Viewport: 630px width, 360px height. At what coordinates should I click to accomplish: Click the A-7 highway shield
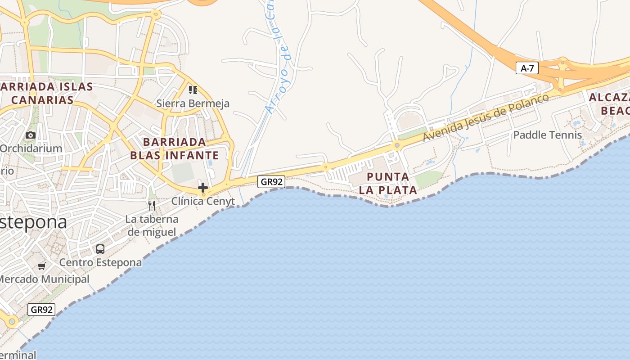pos(527,68)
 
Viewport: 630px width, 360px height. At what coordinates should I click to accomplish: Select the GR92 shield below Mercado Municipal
pos(41,310)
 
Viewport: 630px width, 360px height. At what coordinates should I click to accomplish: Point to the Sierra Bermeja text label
pos(193,103)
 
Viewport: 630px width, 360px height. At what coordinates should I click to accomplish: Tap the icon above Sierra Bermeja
pos(193,90)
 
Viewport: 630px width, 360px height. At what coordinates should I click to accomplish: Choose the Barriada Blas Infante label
pos(175,149)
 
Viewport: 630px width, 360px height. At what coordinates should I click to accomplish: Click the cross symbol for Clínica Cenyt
pos(203,188)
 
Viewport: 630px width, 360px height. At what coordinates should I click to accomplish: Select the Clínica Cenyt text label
pos(203,201)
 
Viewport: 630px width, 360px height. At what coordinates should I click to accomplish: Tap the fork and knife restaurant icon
pos(152,206)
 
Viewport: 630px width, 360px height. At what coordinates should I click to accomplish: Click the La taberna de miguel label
pos(152,225)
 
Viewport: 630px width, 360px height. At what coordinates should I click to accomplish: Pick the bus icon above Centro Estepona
pos(100,249)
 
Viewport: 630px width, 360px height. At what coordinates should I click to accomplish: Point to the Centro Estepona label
pos(100,262)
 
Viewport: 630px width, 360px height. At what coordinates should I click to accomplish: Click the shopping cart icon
pos(42,266)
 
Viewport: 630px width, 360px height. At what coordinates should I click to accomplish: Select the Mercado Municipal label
pos(44,279)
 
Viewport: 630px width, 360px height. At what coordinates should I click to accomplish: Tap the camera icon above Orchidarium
pos(31,135)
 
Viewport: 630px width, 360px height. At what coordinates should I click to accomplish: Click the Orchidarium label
pos(31,148)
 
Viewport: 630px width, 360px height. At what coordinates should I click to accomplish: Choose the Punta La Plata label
pos(388,183)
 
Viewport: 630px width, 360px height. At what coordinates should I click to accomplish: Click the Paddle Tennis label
pos(548,135)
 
